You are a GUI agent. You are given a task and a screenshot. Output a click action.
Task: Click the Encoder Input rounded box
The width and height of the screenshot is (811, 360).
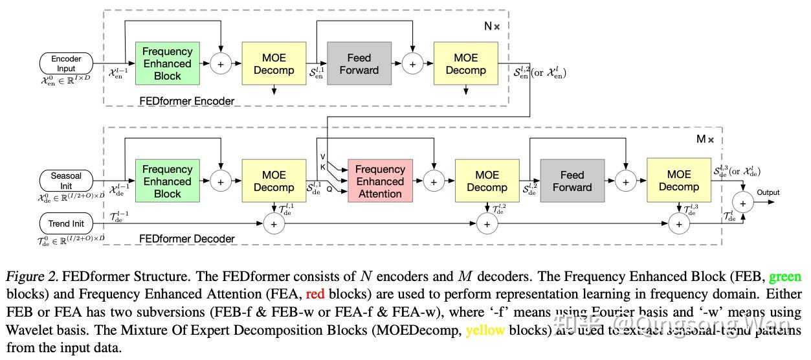[x=66, y=63]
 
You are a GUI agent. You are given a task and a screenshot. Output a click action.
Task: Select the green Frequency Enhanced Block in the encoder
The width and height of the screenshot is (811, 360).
[x=167, y=63]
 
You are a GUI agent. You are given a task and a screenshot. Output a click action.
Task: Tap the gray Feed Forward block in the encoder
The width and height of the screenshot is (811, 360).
[x=359, y=63]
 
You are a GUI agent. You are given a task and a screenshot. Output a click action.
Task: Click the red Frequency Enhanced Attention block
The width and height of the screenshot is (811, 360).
[x=380, y=181]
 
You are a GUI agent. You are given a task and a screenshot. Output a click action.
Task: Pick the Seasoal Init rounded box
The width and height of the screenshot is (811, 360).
[x=66, y=181]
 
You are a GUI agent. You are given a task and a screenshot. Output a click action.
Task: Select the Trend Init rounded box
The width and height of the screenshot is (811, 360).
[x=66, y=224]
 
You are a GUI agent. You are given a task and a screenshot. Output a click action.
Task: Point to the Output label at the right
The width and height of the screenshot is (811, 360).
[x=768, y=192]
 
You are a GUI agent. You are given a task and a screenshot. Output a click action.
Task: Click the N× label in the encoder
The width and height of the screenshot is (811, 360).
[x=492, y=27]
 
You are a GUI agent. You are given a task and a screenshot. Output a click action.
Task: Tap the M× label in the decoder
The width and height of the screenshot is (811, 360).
[x=705, y=139]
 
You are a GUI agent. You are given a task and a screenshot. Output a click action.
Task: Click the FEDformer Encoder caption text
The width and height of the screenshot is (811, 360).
[x=187, y=101]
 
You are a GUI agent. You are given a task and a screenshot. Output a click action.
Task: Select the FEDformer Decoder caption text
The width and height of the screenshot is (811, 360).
[x=187, y=239]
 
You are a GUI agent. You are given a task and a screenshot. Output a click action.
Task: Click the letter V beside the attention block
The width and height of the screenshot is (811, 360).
[x=323, y=156]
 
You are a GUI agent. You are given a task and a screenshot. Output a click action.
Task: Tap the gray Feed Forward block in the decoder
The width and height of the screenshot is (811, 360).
[x=572, y=181]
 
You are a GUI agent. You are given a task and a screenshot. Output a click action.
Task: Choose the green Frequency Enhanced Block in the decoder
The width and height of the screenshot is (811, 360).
[x=167, y=181]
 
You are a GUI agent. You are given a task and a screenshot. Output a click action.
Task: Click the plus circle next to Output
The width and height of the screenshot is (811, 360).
[x=743, y=203]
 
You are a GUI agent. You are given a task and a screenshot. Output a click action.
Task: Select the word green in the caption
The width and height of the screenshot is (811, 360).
[x=784, y=277]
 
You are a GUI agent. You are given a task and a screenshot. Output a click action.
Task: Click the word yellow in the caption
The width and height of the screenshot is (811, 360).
[x=485, y=330]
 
